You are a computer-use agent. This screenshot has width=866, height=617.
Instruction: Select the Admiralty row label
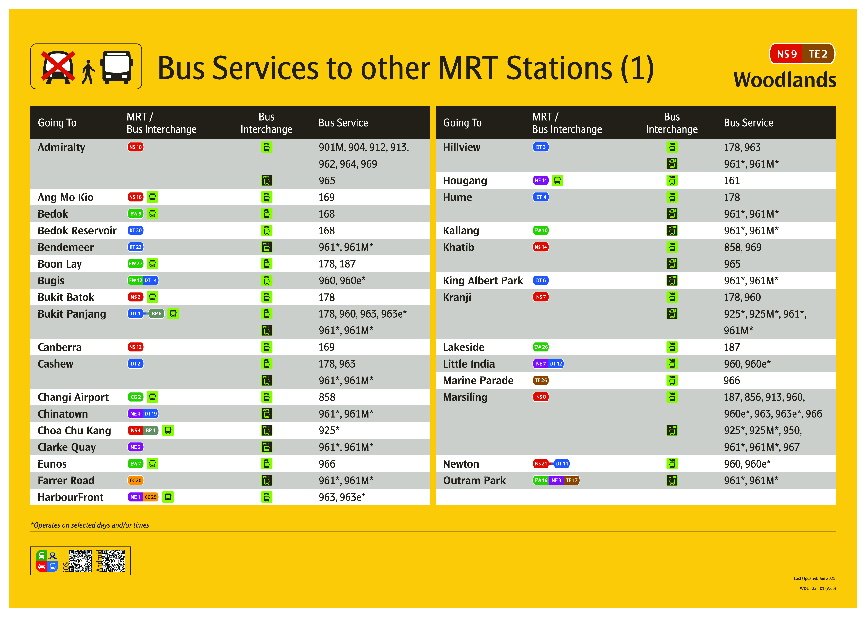coord(61,147)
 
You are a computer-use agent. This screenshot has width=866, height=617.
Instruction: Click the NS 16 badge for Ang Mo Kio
coord(135,197)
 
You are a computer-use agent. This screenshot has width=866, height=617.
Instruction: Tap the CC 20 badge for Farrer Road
coord(135,481)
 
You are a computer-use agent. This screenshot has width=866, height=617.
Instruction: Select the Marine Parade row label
coord(478,381)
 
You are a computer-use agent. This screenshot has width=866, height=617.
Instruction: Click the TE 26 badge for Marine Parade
coord(541,381)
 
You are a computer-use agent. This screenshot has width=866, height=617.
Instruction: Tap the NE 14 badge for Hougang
coord(541,180)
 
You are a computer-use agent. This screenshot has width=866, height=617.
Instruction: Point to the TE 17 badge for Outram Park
coord(571,481)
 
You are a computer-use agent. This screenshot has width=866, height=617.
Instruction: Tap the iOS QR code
coord(80,561)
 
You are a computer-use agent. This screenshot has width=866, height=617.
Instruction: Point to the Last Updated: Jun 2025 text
coord(814,579)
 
